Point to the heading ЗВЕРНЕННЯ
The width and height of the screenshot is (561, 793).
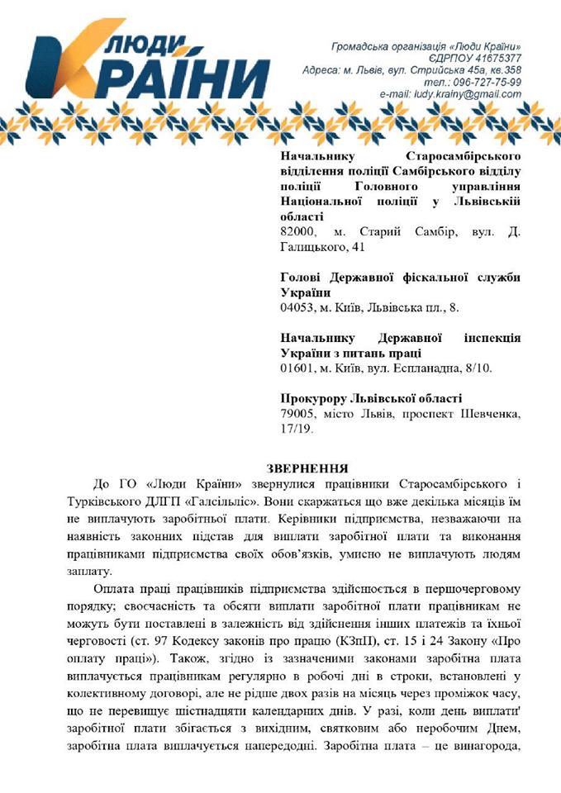click(x=309, y=468)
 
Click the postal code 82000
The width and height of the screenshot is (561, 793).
click(x=298, y=231)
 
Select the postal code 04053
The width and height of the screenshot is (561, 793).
click(x=298, y=307)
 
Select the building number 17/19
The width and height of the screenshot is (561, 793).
click(x=297, y=428)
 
